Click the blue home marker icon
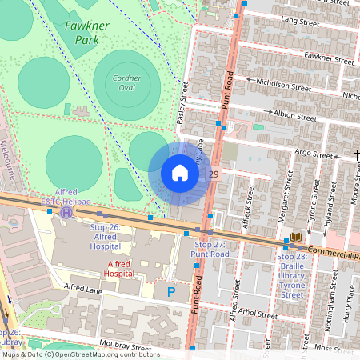pyautogui.click(x=180, y=173)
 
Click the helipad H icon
pyautogui.click(x=67, y=213)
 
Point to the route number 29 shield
pyautogui.click(x=214, y=174)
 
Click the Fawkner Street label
pyautogui.click(x=328, y=59)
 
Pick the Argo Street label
pyautogui.click(x=313, y=154)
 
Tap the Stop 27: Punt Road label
pyautogui.click(x=212, y=249)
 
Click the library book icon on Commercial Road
pyautogui.click(x=296, y=238)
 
